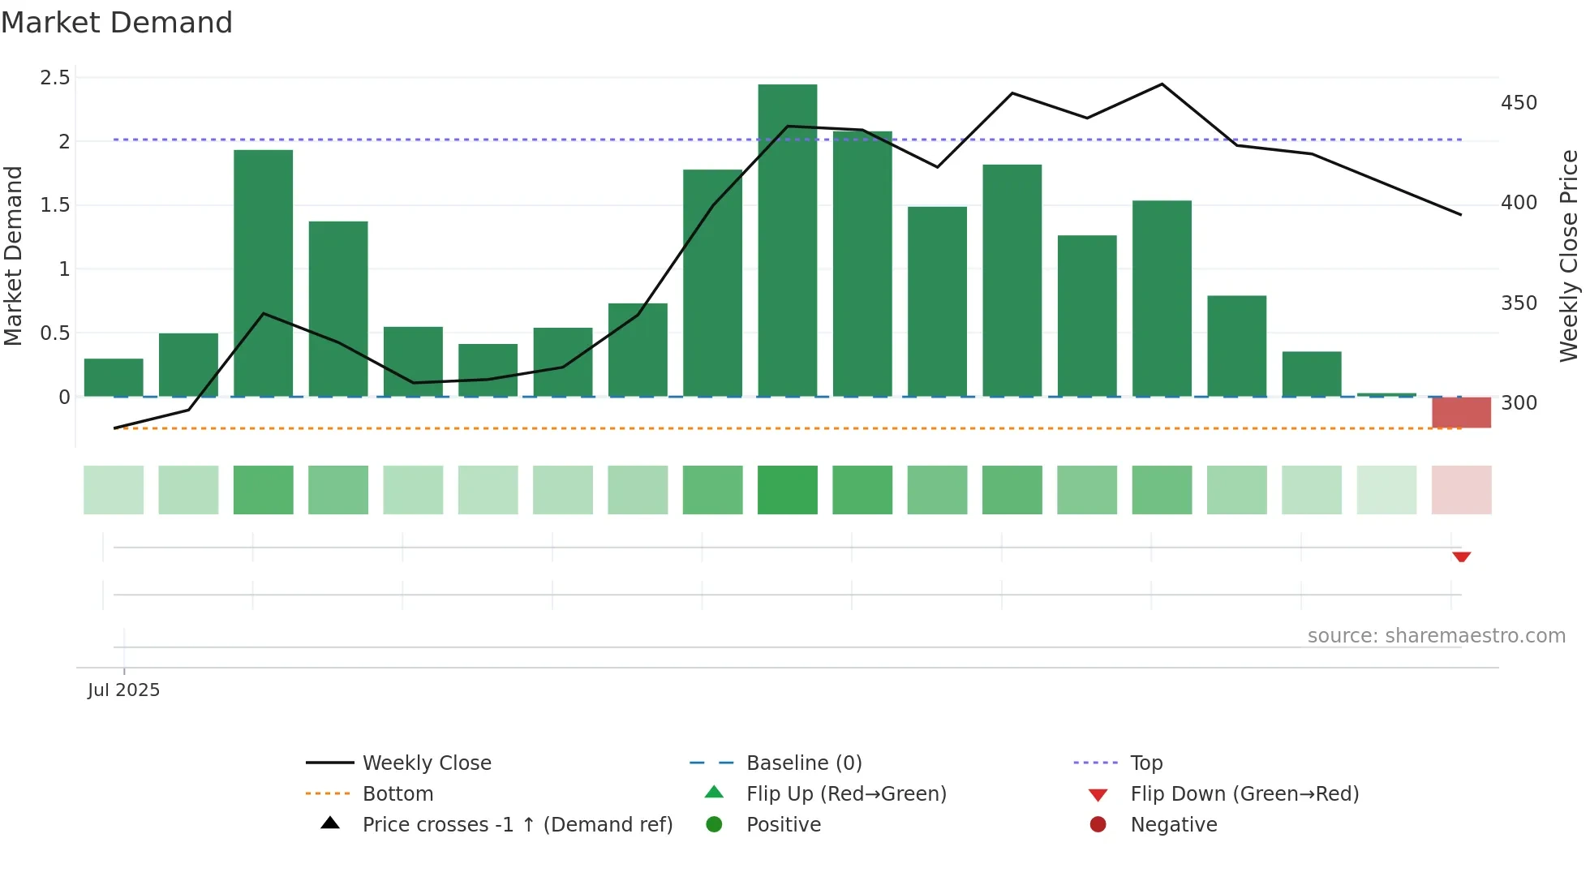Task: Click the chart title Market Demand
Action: click(117, 23)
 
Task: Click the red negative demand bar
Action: click(1461, 412)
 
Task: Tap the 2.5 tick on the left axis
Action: click(55, 78)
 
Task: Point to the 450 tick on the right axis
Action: click(1519, 103)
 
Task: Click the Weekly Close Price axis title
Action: click(1569, 256)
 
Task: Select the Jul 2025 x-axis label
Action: click(124, 690)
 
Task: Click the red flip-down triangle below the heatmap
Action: click(1461, 557)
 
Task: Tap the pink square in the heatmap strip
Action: click(1461, 490)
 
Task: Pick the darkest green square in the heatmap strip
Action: click(787, 490)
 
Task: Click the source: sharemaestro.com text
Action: click(1436, 636)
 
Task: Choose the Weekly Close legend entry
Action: click(427, 763)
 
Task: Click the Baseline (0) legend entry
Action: click(803, 763)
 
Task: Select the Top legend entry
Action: click(1146, 763)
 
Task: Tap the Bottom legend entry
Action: click(397, 794)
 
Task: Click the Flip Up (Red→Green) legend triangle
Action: click(714, 793)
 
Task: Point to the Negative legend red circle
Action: click(1098, 825)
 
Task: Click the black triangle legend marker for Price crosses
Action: click(330, 823)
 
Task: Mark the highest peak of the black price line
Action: click(1162, 84)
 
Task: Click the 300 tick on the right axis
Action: click(1519, 403)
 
